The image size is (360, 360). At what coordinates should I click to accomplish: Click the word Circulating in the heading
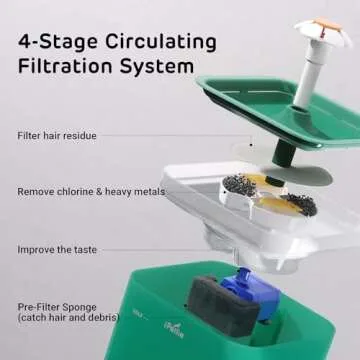[161, 43]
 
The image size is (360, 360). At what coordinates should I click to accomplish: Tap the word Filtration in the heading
[66, 66]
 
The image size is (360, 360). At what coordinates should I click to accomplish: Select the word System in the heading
[157, 68]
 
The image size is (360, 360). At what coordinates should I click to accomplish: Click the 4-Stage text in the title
[58, 43]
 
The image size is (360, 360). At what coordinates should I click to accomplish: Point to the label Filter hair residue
[57, 136]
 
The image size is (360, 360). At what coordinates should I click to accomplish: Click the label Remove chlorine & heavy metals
[91, 192]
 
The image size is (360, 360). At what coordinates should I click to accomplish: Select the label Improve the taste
[57, 250]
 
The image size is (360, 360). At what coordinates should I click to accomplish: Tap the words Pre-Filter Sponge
[57, 307]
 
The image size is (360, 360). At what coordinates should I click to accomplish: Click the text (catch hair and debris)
[68, 317]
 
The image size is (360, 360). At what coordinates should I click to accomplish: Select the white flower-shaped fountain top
[323, 32]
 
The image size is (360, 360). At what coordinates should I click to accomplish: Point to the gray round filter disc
[297, 175]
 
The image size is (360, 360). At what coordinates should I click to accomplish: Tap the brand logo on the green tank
[174, 330]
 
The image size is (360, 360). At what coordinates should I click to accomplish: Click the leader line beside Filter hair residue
[175, 136]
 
